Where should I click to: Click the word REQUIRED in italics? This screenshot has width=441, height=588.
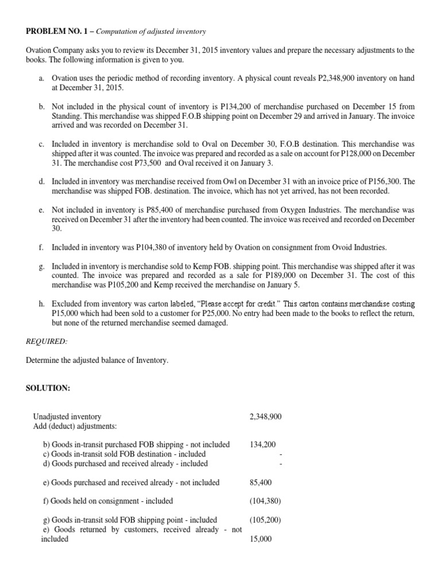[47, 341]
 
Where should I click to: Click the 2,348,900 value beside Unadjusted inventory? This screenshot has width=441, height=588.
[266, 416]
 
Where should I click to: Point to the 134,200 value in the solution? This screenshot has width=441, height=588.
[263, 444]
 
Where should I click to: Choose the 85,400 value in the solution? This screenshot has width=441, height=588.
[261, 482]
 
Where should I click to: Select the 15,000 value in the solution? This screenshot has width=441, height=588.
[261, 539]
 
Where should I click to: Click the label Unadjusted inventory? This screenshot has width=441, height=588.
[67, 416]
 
